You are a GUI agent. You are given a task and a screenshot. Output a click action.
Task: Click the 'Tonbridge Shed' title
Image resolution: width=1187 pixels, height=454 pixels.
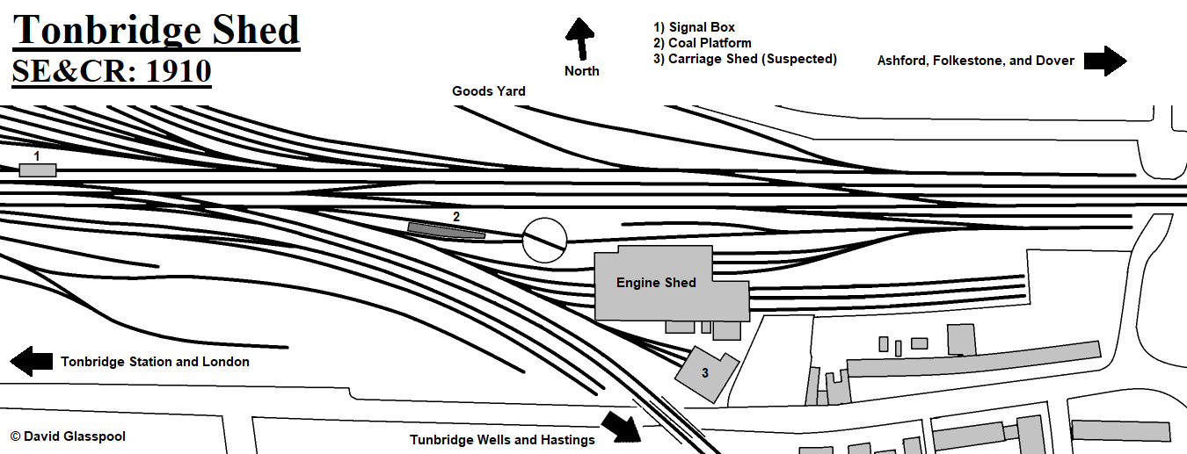point(157,31)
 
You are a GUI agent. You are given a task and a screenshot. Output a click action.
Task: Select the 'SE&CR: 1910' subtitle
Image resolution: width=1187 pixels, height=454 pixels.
point(112,71)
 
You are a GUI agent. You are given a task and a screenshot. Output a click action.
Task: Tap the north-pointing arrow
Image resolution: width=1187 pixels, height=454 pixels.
point(581,39)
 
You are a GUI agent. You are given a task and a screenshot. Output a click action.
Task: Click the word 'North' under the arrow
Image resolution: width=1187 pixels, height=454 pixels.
point(582,71)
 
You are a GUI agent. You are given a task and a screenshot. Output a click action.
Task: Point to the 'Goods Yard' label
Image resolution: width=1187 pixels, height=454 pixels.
point(489,91)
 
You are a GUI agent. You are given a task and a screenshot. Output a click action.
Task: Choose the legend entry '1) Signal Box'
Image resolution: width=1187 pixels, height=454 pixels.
point(695,27)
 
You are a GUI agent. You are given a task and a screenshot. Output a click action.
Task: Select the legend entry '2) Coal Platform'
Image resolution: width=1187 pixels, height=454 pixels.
point(703,43)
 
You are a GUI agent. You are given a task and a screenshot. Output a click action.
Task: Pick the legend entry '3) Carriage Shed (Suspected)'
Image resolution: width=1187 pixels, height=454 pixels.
point(745,59)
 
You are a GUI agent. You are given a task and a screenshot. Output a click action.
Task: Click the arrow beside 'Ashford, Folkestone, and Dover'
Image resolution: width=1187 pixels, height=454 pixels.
point(1105,61)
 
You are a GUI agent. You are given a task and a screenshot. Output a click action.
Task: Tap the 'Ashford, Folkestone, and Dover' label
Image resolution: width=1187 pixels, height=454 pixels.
point(976,61)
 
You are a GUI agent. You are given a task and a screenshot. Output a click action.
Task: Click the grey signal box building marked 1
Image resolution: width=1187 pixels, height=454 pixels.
point(38,169)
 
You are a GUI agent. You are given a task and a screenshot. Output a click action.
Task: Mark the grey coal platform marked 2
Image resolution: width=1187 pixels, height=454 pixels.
point(446,230)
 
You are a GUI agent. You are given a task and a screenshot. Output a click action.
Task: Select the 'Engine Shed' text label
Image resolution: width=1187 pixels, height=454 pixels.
point(656,283)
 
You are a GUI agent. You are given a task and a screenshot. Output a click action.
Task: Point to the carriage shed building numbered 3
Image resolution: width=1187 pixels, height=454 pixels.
point(706,374)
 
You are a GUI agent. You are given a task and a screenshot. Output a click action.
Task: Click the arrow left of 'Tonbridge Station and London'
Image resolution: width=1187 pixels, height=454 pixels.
point(32,362)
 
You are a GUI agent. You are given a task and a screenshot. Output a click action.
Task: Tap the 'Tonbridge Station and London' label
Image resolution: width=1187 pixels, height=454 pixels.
point(155,362)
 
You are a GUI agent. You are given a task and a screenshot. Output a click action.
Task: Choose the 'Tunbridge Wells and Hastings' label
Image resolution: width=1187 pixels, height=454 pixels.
point(502,440)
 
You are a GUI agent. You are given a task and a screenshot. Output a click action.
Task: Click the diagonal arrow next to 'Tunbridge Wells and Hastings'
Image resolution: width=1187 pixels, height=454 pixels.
point(621,427)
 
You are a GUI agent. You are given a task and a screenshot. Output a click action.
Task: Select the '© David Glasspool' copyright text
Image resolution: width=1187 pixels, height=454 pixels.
point(68,436)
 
